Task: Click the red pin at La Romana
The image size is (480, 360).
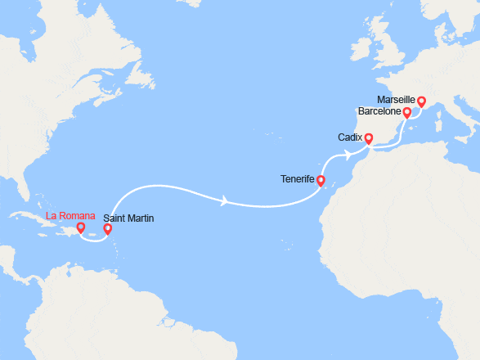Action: point(80,228)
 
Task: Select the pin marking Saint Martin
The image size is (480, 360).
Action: point(108,231)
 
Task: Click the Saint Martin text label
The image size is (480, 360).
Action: point(128,218)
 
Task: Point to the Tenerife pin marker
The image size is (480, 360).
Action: point(321,181)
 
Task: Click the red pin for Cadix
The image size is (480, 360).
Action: point(368,138)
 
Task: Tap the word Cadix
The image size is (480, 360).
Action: point(350,138)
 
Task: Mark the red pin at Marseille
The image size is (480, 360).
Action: point(422,102)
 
